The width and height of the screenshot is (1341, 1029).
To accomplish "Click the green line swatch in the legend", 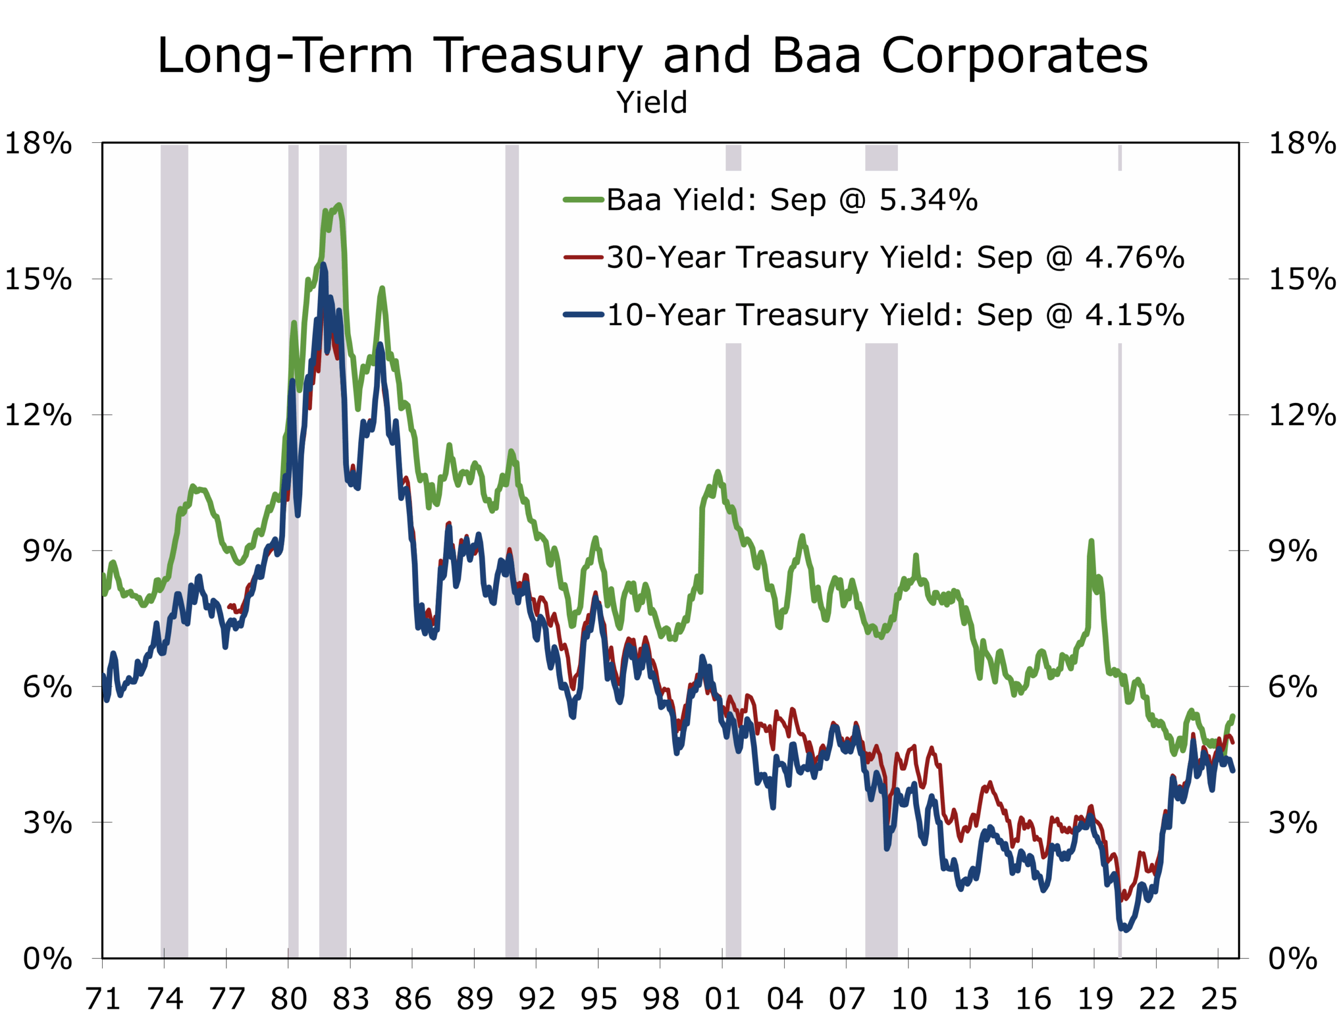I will (583, 199).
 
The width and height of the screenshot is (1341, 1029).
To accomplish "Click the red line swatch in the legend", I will (583, 258).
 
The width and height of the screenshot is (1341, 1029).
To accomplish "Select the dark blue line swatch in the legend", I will (583, 315).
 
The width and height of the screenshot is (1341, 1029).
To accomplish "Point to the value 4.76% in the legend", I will (1135, 258).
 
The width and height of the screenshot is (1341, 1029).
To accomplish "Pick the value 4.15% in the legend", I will (1135, 316).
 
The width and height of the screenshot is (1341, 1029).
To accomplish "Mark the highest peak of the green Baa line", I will (339, 206).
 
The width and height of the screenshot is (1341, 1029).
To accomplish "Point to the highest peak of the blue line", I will (323, 265).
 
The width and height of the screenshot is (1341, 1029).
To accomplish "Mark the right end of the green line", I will (1233, 716).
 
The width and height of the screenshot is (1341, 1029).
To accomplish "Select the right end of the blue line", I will (1233, 770).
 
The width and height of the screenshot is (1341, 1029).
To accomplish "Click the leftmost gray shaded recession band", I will (174, 551).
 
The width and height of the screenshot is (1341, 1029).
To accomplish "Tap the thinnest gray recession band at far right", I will (1120, 551).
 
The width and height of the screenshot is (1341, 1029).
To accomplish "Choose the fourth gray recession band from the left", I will (512, 551).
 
